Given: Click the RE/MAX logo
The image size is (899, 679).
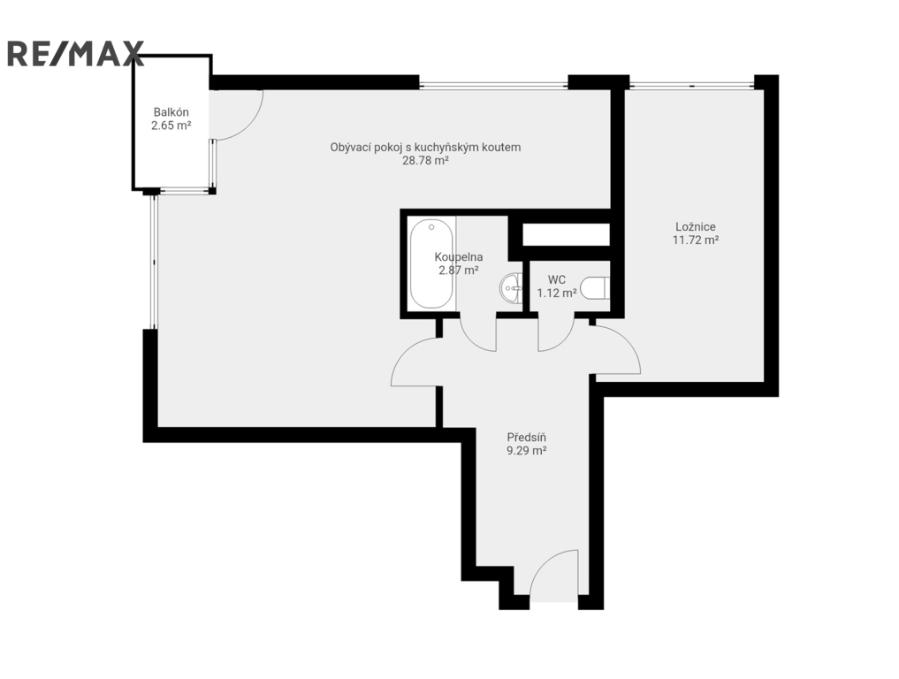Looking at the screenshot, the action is coord(75,53).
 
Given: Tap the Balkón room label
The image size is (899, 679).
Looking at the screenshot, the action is coord(171,112).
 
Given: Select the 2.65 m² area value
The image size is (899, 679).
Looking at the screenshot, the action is coord(171,126).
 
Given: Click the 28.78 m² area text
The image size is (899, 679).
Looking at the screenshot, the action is coord(425,161).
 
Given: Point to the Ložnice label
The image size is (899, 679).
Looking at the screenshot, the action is coord(696,227).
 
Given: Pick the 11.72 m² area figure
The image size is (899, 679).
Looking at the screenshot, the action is coord(696,240).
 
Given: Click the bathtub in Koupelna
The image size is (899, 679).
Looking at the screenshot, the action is coord(431,263).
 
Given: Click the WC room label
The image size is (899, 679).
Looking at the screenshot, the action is coord(557,280).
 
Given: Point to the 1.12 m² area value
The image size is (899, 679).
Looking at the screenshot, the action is coord(557,294).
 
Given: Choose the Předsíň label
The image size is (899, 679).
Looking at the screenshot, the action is coord(526,438).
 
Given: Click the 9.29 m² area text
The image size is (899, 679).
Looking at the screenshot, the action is coord(526,451).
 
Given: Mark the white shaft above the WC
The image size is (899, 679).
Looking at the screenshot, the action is coord(566,234).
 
